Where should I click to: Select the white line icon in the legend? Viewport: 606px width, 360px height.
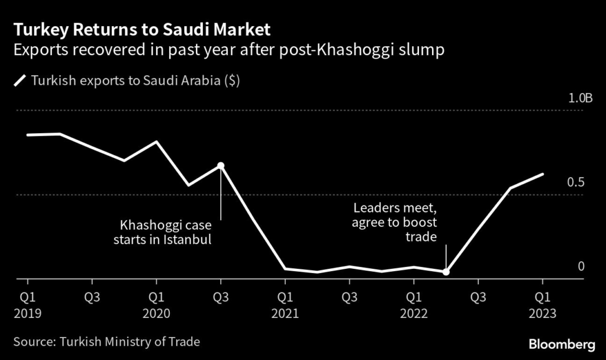(x=20, y=81)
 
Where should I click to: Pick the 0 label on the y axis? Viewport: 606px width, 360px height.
(x=581, y=266)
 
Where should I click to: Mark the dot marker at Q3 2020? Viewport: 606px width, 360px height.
(x=221, y=165)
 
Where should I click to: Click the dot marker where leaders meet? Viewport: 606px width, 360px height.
(x=446, y=272)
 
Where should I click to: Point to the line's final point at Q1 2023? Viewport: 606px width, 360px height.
(x=543, y=174)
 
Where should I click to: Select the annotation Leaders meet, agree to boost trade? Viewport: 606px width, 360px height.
(x=395, y=223)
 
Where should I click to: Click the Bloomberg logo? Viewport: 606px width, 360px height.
(x=561, y=343)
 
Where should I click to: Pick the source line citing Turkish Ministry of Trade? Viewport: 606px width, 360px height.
(x=107, y=342)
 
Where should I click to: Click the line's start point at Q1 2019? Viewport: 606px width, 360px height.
(x=27, y=135)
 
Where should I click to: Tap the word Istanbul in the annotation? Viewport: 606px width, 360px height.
(x=188, y=240)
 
